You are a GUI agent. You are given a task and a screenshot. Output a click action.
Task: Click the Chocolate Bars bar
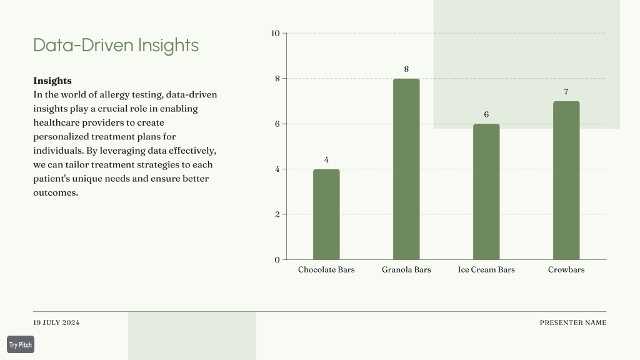click(x=326, y=214)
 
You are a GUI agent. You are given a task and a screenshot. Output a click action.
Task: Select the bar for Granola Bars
click(x=406, y=169)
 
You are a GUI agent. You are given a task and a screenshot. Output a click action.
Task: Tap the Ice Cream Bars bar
click(x=486, y=192)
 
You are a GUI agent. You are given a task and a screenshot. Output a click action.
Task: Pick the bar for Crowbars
click(x=566, y=181)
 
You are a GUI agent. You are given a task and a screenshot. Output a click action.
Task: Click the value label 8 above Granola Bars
click(x=406, y=69)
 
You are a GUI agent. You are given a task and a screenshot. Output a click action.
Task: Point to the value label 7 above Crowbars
click(x=566, y=92)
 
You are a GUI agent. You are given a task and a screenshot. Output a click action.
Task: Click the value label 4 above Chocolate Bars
click(x=326, y=159)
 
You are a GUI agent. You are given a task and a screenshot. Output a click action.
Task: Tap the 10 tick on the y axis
click(x=275, y=34)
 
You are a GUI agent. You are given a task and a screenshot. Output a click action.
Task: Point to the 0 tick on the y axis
click(x=277, y=259)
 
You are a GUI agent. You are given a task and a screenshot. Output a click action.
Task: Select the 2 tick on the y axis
click(x=277, y=214)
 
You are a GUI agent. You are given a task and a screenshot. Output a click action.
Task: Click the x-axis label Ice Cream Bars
click(x=486, y=269)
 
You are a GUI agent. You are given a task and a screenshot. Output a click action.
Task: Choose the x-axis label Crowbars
click(x=566, y=269)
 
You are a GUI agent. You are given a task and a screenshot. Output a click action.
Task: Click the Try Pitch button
click(x=21, y=344)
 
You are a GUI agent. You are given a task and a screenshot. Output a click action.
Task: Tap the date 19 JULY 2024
click(x=56, y=322)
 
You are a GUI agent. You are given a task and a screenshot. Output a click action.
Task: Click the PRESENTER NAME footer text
click(x=573, y=322)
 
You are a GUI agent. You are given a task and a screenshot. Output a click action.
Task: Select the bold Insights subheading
click(x=52, y=81)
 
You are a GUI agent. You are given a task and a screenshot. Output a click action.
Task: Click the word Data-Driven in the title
click(x=83, y=45)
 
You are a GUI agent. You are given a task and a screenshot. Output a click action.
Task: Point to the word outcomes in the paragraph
click(x=56, y=192)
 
